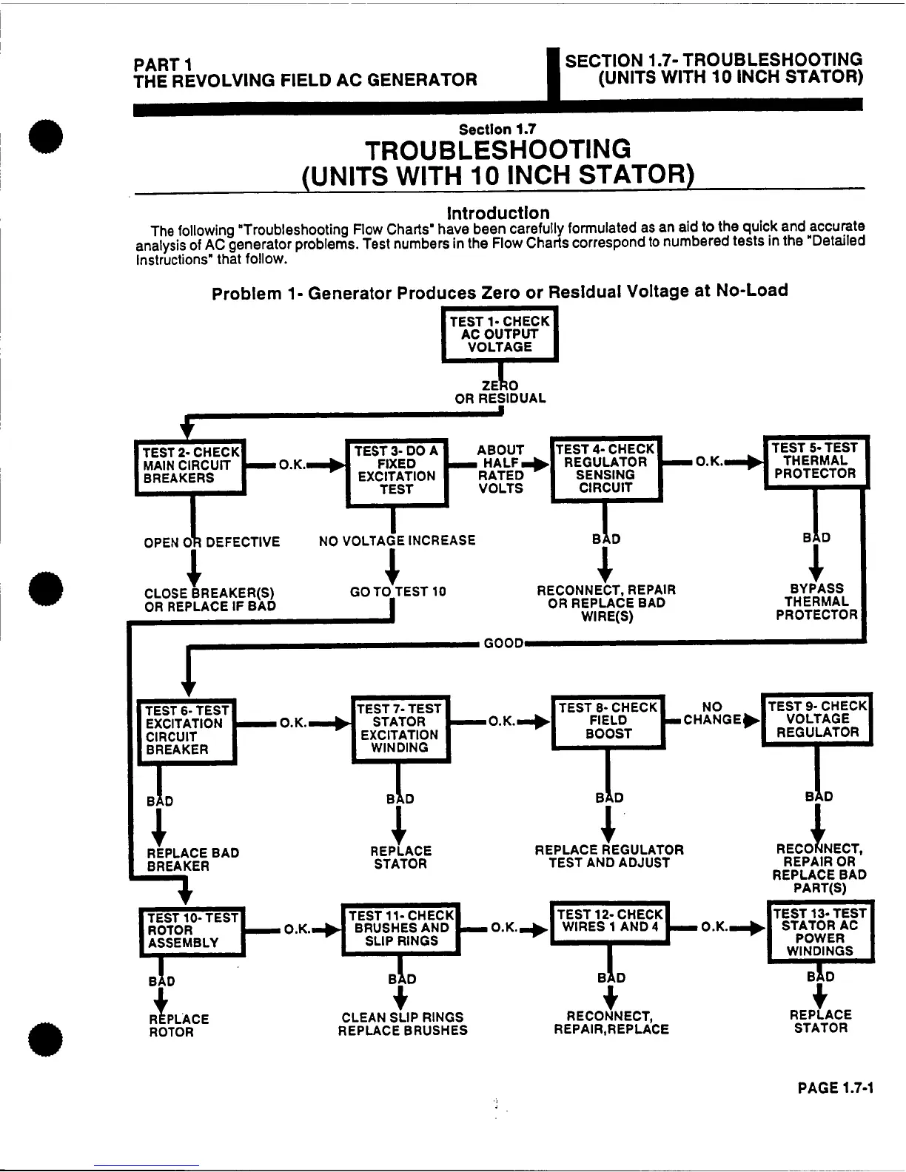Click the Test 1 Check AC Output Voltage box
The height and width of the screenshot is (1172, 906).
point(500,334)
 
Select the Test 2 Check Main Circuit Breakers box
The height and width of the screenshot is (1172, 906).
point(190,466)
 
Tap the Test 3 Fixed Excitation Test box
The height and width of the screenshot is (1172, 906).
point(397,471)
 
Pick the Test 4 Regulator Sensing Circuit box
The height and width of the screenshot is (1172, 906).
point(605,469)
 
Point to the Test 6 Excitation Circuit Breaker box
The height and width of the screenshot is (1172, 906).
point(187,730)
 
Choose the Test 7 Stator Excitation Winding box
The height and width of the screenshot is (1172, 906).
point(400,729)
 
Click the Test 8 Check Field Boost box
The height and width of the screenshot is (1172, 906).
point(608,721)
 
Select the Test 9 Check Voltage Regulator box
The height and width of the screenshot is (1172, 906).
point(817,720)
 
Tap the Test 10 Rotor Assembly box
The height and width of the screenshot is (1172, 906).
point(192,931)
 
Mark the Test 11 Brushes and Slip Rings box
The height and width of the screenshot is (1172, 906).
point(400,928)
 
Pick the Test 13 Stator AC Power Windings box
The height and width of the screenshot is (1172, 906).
point(819,932)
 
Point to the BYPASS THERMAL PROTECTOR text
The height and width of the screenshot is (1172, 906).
point(816,602)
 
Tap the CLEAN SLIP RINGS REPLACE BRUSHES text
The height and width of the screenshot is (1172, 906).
point(403,1024)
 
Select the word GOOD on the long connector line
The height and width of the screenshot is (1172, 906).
point(503,644)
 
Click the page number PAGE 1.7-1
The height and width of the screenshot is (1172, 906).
point(836,1088)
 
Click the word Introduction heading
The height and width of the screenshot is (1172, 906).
point(499,214)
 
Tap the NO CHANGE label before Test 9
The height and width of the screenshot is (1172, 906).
point(712,713)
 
